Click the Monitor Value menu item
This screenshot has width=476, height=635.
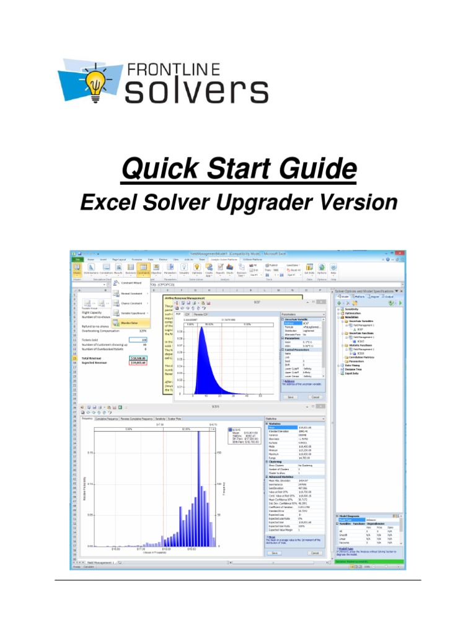click(129, 322)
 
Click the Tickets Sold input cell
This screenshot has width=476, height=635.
click(140, 340)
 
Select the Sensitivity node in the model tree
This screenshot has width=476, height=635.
click(353, 308)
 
